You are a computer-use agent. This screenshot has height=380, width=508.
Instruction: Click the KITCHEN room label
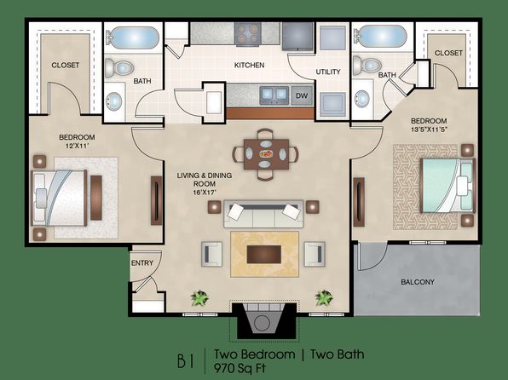click(x=249, y=65)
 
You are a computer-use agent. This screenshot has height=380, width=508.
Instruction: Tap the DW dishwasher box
click(x=302, y=95)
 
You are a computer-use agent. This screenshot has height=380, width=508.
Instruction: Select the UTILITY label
click(x=328, y=72)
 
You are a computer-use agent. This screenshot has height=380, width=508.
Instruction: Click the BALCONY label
click(x=418, y=282)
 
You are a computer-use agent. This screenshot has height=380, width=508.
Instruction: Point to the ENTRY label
click(x=141, y=263)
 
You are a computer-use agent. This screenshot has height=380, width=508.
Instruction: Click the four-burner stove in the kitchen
click(x=248, y=34)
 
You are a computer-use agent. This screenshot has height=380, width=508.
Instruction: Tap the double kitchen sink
click(x=274, y=95)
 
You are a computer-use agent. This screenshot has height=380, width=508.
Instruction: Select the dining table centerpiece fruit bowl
click(x=266, y=153)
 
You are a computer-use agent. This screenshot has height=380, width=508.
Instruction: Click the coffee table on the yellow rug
click(x=263, y=254)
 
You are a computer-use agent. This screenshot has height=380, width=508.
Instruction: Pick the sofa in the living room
click(x=263, y=214)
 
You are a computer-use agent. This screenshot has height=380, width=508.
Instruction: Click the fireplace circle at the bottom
click(x=262, y=323)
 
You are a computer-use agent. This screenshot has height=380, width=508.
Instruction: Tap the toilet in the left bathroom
click(x=119, y=67)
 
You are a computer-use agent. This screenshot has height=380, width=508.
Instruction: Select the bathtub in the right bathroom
click(x=380, y=37)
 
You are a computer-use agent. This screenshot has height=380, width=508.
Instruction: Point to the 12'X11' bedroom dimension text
click(x=77, y=146)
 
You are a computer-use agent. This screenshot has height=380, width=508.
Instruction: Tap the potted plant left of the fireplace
click(x=199, y=297)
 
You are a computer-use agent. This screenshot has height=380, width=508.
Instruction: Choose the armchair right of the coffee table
click(x=315, y=254)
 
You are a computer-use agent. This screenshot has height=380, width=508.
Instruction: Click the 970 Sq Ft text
click(x=240, y=368)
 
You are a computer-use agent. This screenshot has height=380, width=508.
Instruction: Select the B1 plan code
click(x=186, y=360)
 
